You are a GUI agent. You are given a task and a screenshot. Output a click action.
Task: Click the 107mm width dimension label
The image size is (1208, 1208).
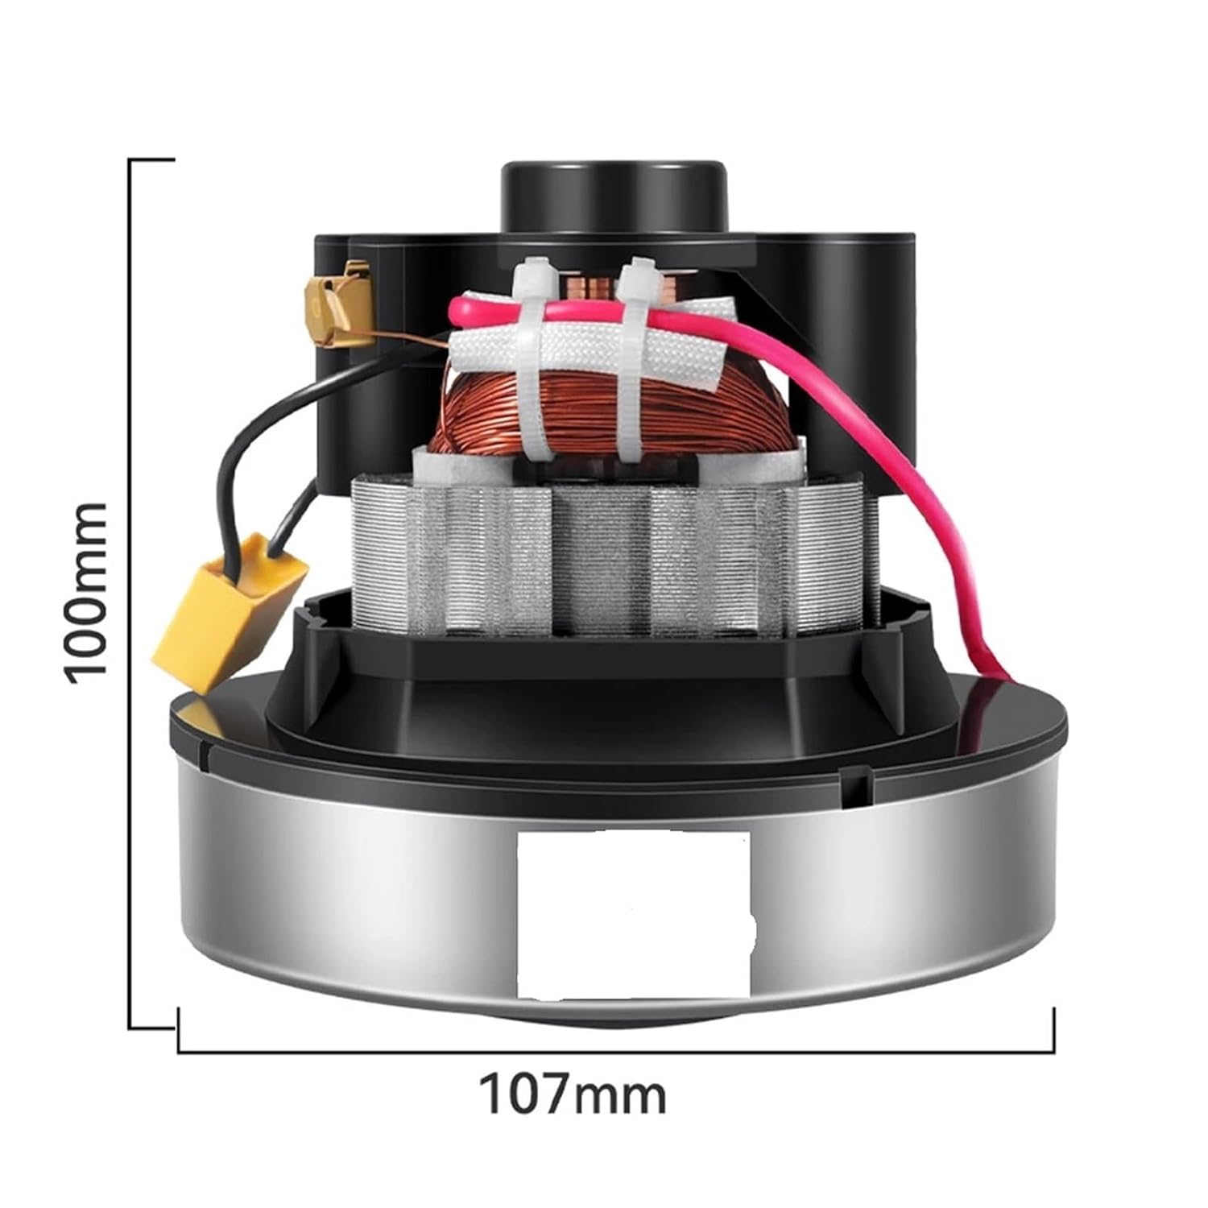tap(573, 1094)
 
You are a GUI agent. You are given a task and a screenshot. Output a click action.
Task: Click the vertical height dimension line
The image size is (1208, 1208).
tap(130, 596)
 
